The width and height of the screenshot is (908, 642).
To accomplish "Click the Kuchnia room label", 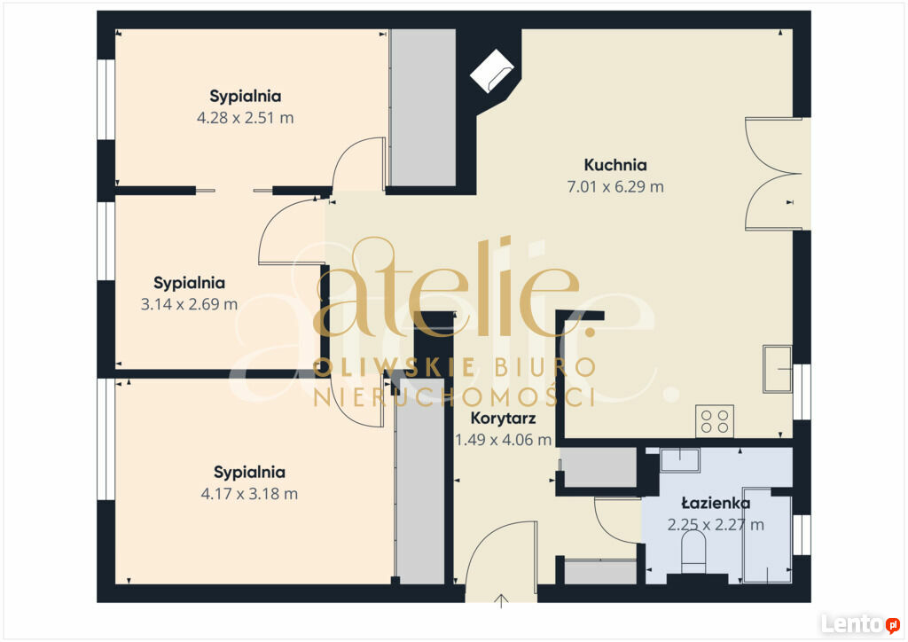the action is (x=615, y=165).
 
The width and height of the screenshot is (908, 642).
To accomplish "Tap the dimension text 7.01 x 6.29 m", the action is (x=615, y=187).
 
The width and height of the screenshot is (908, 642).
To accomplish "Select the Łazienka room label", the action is (x=716, y=503).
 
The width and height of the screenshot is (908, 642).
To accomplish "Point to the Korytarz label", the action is (x=503, y=418).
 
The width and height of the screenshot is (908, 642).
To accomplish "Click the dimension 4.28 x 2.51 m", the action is (x=246, y=118).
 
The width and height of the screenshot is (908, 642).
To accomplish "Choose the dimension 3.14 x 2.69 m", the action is (x=190, y=304).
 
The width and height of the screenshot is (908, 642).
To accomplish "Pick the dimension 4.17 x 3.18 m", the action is (x=249, y=494).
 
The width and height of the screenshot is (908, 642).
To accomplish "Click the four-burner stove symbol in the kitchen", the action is (x=715, y=421).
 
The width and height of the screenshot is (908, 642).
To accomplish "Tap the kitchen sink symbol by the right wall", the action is (x=777, y=369).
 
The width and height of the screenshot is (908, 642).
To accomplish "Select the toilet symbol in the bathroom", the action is (x=693, y=551).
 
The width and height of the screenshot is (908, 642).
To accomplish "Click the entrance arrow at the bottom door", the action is (x=502, y=601).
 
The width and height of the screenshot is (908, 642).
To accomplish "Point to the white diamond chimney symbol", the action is (x=491, y=71).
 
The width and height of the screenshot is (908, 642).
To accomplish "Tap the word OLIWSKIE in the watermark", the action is (x=395, y=368).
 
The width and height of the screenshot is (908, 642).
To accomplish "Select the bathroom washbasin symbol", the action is (x=680, y=460).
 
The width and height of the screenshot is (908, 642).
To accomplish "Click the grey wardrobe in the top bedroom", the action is (x=422, y=107).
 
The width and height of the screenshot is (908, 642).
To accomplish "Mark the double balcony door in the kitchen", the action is (x=773, y=174).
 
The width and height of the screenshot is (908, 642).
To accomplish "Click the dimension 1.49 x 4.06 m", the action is (x=503, y=440).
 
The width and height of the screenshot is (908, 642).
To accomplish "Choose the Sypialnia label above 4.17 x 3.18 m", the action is (x=249, y=473).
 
